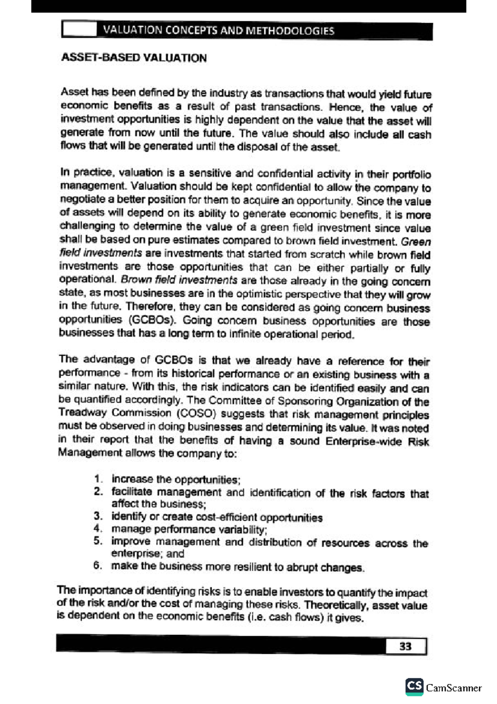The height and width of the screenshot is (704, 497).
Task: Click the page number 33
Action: (405, 646)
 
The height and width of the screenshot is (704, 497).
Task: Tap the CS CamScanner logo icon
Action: (414, 687)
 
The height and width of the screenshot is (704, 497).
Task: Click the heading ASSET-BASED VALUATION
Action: (133, 58)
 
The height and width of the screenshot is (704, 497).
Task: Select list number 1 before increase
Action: (98, 479)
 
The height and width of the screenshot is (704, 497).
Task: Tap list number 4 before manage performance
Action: (97, 529)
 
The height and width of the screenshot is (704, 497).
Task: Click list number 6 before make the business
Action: (97, 566)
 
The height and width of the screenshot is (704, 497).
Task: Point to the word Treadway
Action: (82, 413)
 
